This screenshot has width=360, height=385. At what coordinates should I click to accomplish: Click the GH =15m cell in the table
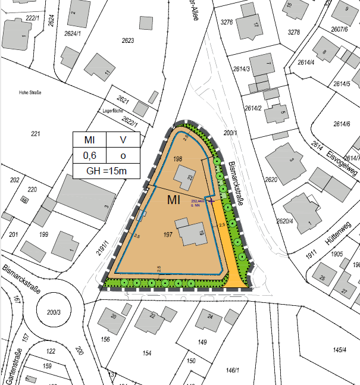(x=107, y=171)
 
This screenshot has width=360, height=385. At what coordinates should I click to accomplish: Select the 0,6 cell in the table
(x=89, y=156)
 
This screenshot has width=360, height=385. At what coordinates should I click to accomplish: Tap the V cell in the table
(x=123, y=140)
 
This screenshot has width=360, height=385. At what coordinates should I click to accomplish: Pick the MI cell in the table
(x=89, y=140)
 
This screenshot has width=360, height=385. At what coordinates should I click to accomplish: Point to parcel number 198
(x=177, y=159)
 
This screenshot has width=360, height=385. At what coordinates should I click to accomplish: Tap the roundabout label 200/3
(x=54, y=312)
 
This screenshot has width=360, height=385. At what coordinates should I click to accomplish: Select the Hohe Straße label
(x=32, y=92)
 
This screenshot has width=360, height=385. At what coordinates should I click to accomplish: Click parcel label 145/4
(x=340, y=349)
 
